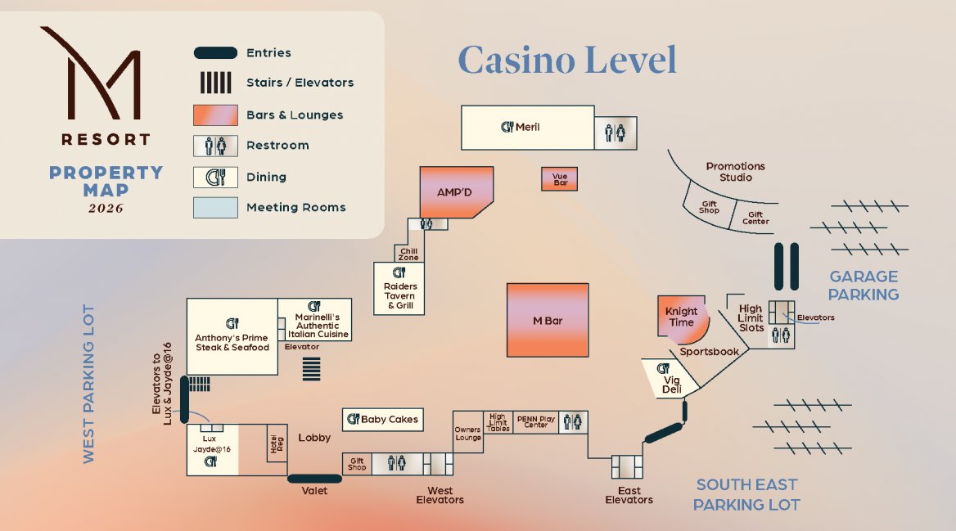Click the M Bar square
point(548,320)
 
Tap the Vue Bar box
point(559,179)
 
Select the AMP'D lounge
point(455,192)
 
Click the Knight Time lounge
point(683,317)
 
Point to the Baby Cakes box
point(383,420)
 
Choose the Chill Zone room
point(409,254)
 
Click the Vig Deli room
point(669,379)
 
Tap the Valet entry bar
point(314,479)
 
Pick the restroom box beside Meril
point(616,133)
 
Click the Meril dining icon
point(507,127)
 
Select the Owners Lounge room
point(467,432)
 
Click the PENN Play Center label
point(536,422)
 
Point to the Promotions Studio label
point(735,172)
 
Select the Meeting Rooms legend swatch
point(215,207)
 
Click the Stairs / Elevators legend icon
point(216,83)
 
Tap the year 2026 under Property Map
point(106,209)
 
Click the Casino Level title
point(567,60)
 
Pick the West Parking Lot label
point(89,384)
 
